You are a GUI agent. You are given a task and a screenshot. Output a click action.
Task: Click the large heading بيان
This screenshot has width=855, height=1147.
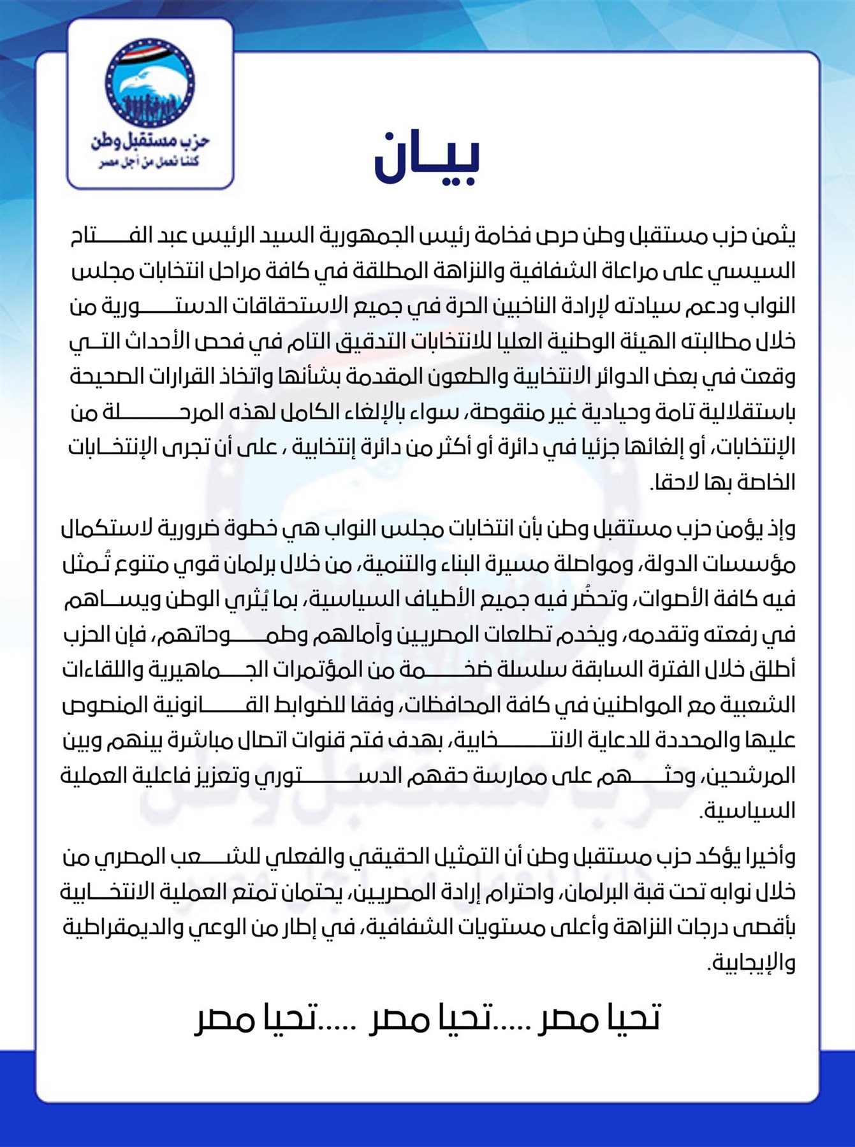pyautogui.click(x=427, y=157)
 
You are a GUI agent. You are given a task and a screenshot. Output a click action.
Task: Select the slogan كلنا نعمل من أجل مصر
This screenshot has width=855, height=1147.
pyautogui.click(x=149, y=163)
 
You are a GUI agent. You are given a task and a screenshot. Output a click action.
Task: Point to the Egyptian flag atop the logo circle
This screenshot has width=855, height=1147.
pyautogui.click(x=150, y=50)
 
